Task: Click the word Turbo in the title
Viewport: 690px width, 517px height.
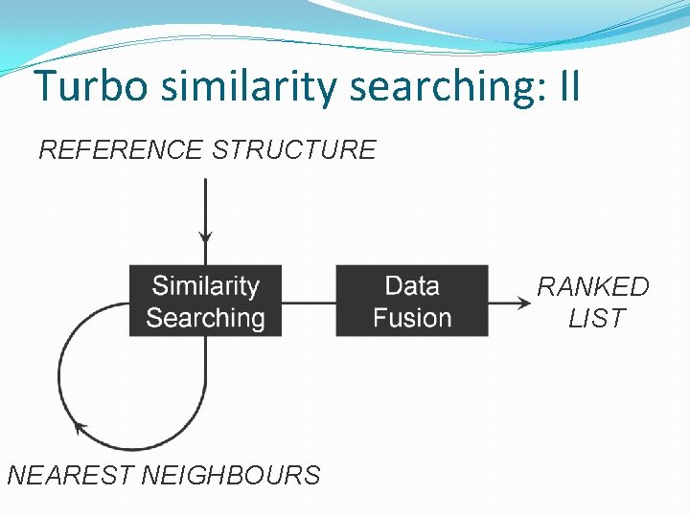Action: (93, 86)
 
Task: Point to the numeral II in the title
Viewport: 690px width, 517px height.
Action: (569, 86)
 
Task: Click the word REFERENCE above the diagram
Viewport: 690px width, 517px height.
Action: (121, 150)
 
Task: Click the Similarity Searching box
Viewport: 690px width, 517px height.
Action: (205, 301)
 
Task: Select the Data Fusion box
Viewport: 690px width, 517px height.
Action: (411, 301)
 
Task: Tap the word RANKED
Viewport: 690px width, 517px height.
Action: (593, 286)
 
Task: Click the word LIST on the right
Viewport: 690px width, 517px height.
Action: (596, 318)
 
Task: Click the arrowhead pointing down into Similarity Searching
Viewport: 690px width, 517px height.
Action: (205, 236)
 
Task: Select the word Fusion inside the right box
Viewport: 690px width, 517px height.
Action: (412, 317)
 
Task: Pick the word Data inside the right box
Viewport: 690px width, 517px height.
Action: (412, 285)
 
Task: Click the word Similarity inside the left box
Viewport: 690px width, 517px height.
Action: (205, 285)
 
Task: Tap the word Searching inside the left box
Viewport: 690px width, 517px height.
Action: (205, 317)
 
